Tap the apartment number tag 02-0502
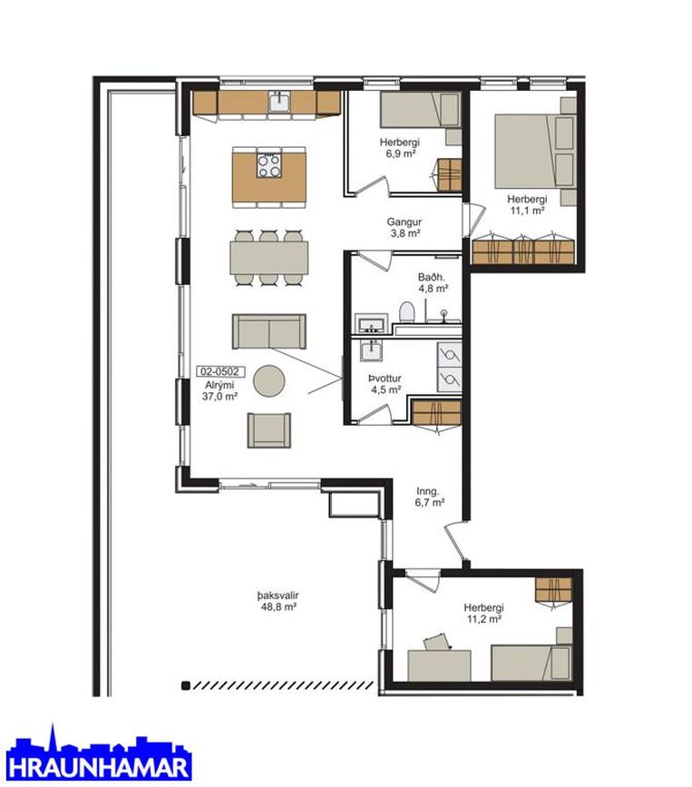(x=221, y=371)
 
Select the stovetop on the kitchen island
(x=269, y=165)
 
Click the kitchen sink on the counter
(x=279, y=102)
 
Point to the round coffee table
(x=269, y=381)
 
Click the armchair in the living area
(x=269, y=430)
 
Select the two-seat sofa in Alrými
(x=269, y=331)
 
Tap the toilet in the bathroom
(x=406, y=311)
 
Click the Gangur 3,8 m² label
(x=404, y=227)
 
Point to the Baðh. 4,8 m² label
(x=433, y=282)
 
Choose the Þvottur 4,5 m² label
(x=385, y=384)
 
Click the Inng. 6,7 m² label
(x=429, y=497)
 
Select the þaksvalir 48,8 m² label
(x=278, y=601)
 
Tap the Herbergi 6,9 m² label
(x=400, y=148)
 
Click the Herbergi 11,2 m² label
(x=484, y=613)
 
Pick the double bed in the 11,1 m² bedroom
(x=535, y=151)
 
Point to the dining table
(x=269, y=258)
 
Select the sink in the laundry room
(x=371, y=350)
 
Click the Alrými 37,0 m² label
(x=219, y=390)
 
